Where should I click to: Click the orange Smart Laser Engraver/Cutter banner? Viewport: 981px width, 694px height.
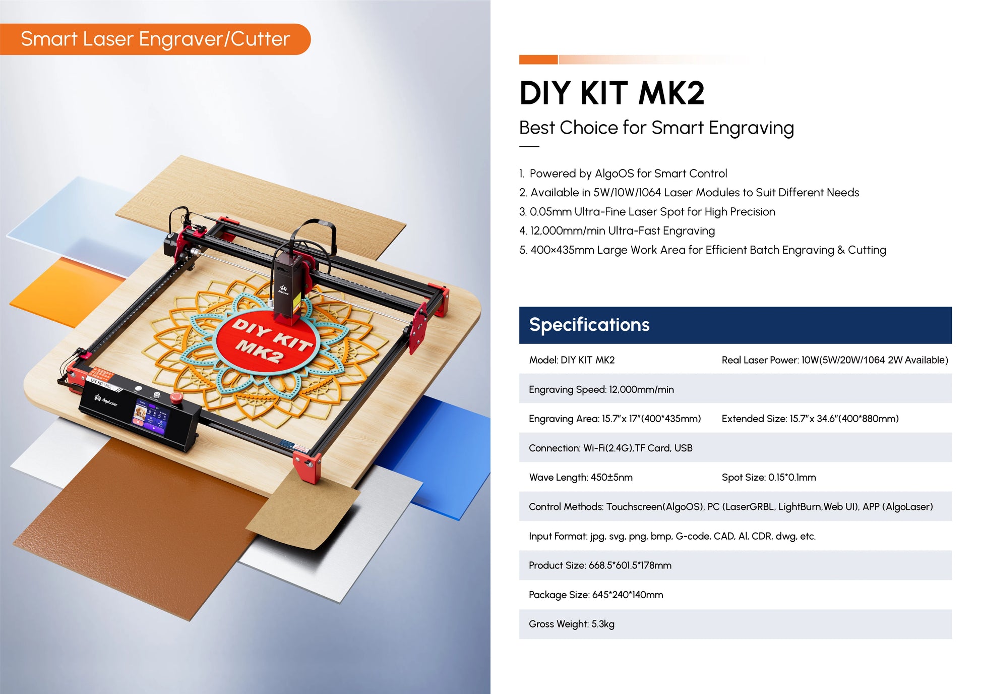(155, 39)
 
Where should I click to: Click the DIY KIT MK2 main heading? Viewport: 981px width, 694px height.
(611, 93)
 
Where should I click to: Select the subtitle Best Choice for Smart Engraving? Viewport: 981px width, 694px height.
(656, 128)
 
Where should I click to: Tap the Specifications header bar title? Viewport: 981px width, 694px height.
(589, 325)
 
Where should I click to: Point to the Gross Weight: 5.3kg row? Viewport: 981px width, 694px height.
(572, 624)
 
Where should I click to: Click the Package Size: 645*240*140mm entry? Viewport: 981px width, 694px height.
(596, 595)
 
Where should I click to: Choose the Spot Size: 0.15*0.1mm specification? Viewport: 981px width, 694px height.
(769, 478)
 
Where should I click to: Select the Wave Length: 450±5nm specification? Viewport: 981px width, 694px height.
(581, 478)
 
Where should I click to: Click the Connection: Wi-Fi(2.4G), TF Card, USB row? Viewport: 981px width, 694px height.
(610, 448)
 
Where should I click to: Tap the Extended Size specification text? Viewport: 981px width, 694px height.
(810, 419)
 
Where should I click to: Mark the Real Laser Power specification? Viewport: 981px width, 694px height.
(835, 360)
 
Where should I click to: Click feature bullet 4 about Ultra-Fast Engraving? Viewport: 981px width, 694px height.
(617, 231)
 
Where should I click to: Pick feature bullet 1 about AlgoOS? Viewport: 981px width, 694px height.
(623, 173)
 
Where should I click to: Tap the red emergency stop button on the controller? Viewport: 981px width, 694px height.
(176, 397)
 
